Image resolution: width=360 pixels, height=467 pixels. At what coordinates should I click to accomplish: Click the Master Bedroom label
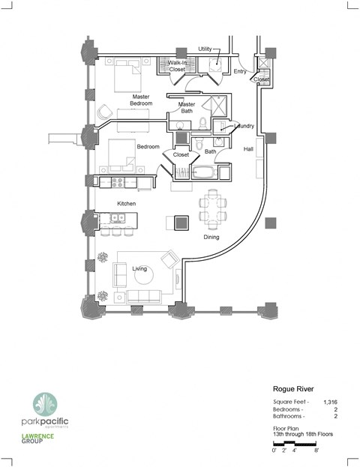click(x=140, y=100)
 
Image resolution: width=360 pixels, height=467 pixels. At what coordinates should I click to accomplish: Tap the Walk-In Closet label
click(x=176, y=66)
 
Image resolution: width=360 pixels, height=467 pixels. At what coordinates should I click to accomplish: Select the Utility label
click(x=205, y=49)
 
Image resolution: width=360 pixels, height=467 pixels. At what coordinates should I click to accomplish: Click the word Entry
click(x=240, y=72)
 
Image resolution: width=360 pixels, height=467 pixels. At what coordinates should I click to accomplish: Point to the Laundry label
click(x=245, y=127)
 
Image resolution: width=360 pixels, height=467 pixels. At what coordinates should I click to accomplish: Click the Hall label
click(x=248, y=149)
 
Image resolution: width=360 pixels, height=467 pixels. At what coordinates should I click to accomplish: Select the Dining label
click(x=212, y=238)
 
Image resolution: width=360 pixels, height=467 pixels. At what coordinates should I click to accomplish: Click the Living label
click(x=139, y=268)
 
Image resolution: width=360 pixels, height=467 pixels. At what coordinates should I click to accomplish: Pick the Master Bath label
click(x=187, y=109)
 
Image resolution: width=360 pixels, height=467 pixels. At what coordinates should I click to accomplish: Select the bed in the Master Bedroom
click(x=127, y=76)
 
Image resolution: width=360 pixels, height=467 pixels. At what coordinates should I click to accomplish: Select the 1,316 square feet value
click(x=329, y=403)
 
